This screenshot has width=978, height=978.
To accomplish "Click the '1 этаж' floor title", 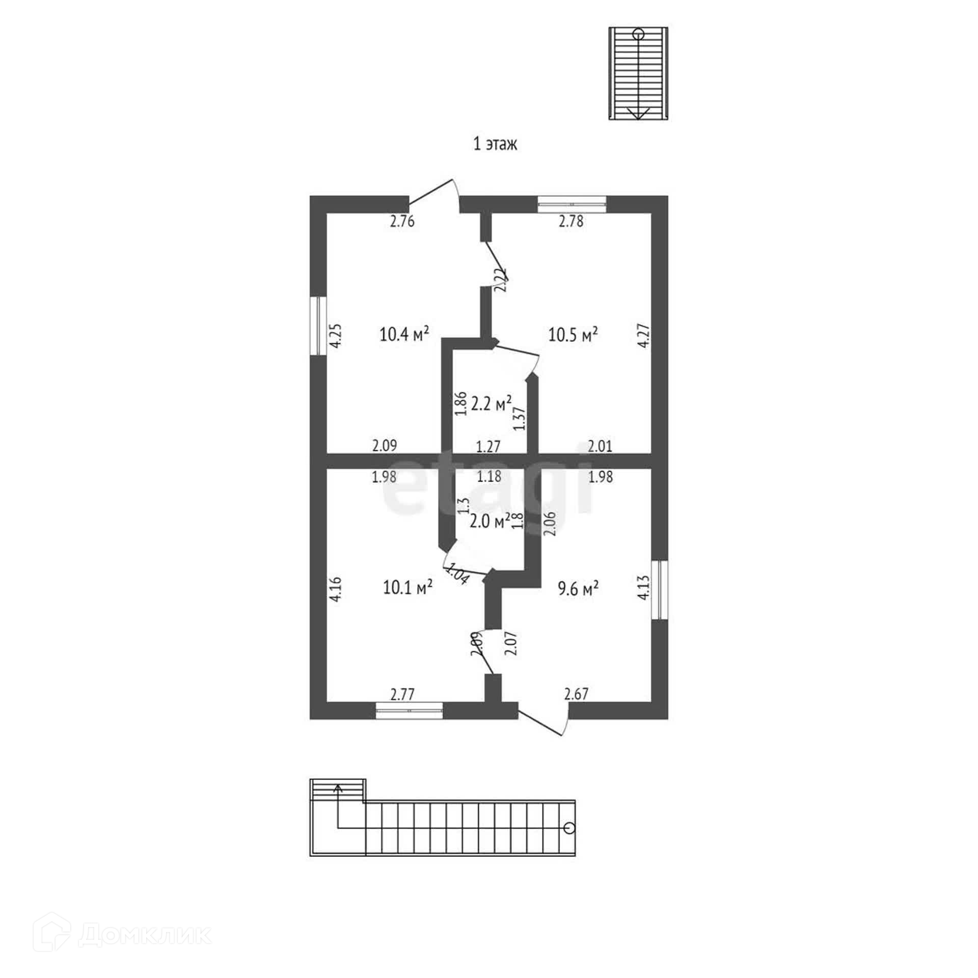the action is click(495, 144).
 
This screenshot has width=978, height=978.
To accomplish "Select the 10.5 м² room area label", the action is click(573, 335).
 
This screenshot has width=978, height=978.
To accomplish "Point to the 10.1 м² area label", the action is click(408, 587).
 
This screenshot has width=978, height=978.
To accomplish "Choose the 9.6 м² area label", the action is click(578, 589).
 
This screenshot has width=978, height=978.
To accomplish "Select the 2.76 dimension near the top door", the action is click(402, 221).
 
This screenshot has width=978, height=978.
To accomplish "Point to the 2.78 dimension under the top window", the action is click(571, 221).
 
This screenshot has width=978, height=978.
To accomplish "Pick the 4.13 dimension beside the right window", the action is click(643, 587).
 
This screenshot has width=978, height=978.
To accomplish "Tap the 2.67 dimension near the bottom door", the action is click(577, 694).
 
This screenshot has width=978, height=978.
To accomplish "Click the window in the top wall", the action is click(572, 204).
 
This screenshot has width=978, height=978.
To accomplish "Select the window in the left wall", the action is click(319, 325).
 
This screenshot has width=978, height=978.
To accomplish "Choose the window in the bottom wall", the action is click(409, 710).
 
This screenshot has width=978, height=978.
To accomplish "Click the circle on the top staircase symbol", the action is click(638, 35).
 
